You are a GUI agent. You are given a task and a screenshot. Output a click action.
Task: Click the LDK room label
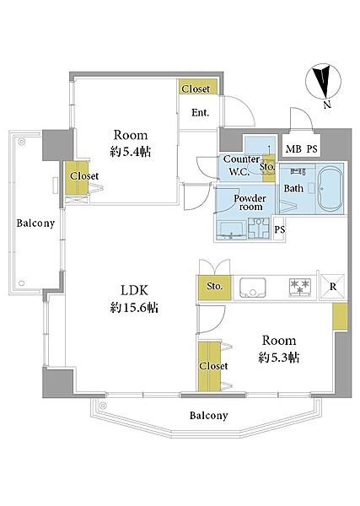click(134, 290)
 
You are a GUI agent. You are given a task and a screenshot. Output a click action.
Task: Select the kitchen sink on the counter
click(253, 288)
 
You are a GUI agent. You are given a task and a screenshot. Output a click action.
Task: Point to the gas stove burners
click(300, 287)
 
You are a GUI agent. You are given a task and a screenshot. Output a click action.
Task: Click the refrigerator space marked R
click(332, 287)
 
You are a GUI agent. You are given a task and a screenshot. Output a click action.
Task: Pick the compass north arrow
click(323, 82)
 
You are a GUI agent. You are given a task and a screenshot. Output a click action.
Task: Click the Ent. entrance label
click(200, 113)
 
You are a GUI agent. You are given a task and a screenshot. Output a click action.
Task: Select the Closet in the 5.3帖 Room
click(209, 366)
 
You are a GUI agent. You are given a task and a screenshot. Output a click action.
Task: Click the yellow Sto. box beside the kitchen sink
click(214, 287)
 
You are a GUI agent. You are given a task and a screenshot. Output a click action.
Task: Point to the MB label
click(293, 149)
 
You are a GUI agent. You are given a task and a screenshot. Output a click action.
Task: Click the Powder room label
click(250, 202)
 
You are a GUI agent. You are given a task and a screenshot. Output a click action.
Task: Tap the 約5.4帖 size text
click(131, 152)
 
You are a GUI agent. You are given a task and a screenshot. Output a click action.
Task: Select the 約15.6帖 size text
click(134, 308)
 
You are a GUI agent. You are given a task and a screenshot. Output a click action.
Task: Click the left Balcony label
click(35, 223)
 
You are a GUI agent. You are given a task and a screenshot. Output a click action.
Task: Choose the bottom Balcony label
click(208, 415)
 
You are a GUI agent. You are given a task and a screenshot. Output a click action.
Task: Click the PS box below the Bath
click(280, 229)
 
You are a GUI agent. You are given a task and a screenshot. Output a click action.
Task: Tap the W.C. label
click(239, 171)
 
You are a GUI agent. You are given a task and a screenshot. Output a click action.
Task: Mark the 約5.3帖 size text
click(279, 358)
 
